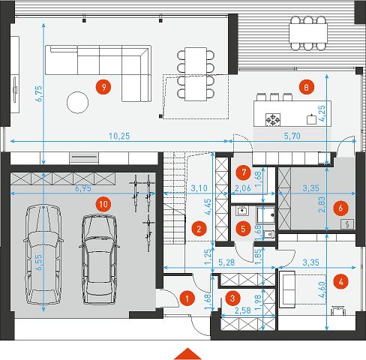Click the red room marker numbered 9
[x=103, y=87]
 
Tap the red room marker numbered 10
[x=103, y=205]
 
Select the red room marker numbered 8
[x=307, y=87]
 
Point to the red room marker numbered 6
[x=340, y=208]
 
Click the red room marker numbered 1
[x=187, y=298]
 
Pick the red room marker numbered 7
[x=244, y=172]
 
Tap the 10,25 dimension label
[x=119, y=136]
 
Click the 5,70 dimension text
[x=292, y=136]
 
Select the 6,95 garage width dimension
[x=83, y=188]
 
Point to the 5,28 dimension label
[x=226, y=262]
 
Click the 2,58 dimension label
[x=243, y=310]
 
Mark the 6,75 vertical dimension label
[x=40, y=94]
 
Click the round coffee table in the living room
[x=77, y=103]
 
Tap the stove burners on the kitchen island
[x=273, y=119]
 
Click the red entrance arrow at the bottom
[x=187, y=354]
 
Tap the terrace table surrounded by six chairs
[x=308, y=33]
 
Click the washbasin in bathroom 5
[x=242, y=211]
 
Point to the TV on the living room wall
[x=14, y=89]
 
